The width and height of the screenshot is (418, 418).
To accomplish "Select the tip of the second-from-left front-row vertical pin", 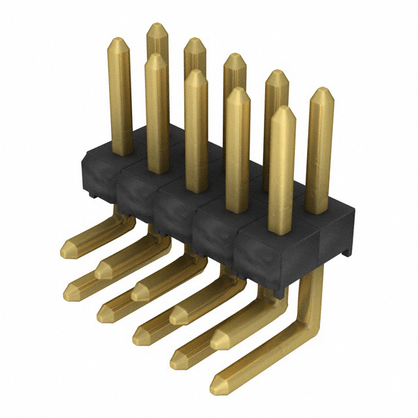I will tap(155, 59).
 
